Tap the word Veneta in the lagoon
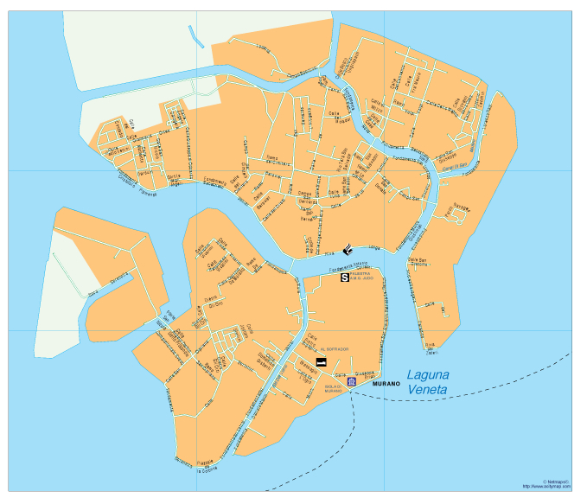coord(427,391)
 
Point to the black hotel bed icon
coord(322,361)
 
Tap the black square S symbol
coord(344,278)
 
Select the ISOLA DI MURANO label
coord(334,389)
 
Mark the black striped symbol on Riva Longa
coord(347,249)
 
